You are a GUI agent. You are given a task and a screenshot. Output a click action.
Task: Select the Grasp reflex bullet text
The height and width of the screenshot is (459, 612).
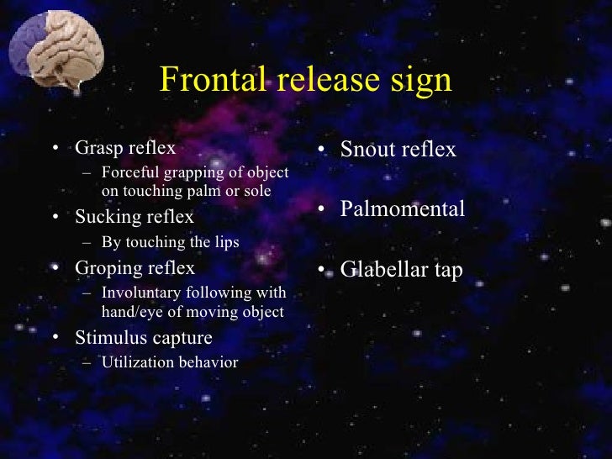click(125, 148)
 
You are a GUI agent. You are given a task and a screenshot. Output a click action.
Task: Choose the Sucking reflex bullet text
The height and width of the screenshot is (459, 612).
click(135, 217)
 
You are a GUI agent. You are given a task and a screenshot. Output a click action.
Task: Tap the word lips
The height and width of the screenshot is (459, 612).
click(226, 242)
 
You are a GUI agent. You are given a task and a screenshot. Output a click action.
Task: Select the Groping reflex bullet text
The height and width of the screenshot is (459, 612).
click(135, 268)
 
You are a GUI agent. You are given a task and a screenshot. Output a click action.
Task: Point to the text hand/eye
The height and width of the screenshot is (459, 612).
click(122, 311)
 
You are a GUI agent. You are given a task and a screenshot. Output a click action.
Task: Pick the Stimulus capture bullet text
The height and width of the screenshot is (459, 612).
click(144, 338)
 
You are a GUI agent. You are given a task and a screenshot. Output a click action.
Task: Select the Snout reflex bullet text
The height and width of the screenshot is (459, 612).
click(398, 150)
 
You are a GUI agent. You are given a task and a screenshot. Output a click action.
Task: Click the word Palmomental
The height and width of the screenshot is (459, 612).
click(402, 209)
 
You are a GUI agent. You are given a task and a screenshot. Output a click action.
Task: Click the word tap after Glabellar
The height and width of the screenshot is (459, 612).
click(446, 271)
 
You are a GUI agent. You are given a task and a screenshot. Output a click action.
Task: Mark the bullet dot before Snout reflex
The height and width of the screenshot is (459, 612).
click(323, 151)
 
